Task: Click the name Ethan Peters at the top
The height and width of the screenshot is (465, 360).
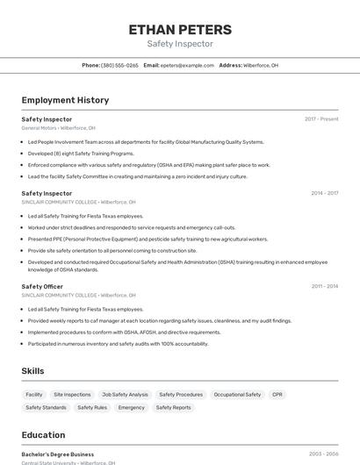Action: coord(180,29)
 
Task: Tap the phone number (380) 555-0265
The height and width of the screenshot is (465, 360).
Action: coord(119,65)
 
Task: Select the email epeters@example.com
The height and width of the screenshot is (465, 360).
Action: coord(187,65)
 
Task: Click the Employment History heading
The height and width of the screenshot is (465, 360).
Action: coord(65,100)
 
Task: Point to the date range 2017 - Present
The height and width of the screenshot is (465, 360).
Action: coord(321,118)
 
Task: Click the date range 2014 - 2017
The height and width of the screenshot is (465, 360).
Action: coord(324,193)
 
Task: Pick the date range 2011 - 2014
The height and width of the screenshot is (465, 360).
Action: coord(324,286)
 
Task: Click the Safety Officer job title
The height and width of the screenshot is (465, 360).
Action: coord(42,286)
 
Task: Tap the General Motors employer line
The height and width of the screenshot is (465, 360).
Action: coord(58,128)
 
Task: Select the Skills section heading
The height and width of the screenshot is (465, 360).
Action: coord(32,371)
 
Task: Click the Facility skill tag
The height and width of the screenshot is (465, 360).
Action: coord(34,395)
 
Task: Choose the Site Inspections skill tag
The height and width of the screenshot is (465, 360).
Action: coord(72,395)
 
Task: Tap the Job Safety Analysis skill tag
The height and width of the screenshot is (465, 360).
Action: coord(125,395)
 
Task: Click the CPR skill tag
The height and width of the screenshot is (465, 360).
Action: coord(277,395)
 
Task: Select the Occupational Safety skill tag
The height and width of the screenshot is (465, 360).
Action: coord(237,395)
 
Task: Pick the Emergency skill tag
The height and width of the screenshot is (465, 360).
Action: coord(132,407)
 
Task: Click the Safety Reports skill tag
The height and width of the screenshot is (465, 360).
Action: coord(174,407)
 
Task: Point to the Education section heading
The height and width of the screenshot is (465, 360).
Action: coord(43,434)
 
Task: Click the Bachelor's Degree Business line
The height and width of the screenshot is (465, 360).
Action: coord(58,454)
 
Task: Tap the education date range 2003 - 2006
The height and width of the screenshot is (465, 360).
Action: coord(324,454)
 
